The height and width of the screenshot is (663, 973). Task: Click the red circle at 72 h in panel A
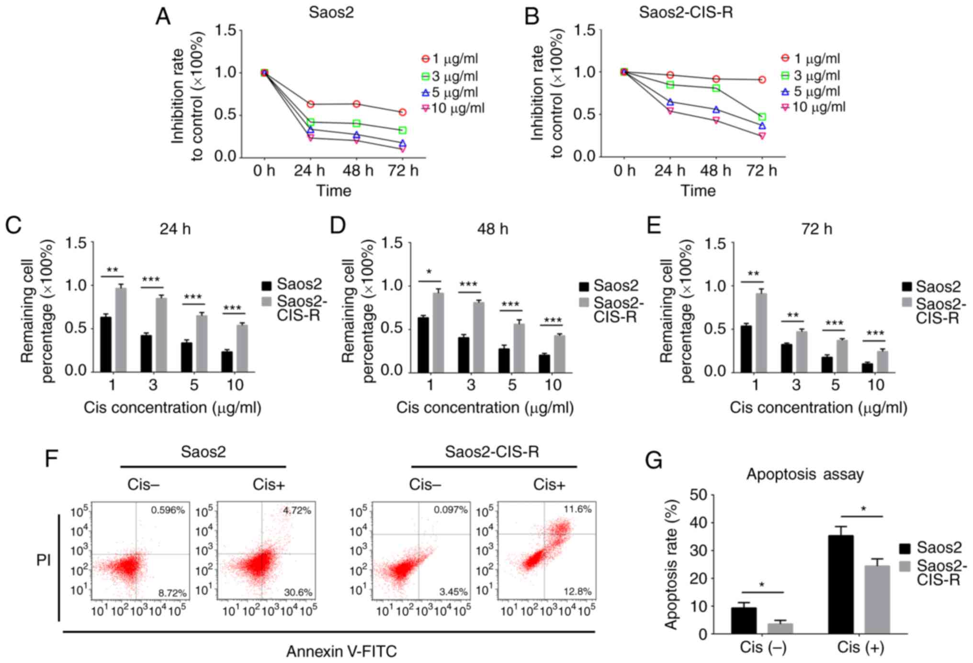coord(403,112)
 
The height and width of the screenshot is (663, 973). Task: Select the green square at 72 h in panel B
coord(762,117)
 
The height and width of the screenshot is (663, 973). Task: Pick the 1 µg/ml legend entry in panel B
coord(811,58)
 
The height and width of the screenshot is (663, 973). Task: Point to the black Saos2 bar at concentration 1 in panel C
coord(106,344)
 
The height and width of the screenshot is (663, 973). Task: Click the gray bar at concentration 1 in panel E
coord(761,332)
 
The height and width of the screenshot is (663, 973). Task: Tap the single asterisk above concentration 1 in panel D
coord(430,272)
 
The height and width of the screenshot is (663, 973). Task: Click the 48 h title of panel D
coord(492,229)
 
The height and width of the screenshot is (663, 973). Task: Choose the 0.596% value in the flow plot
coord(168,510)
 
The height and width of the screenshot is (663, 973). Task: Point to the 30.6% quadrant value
coord(298,593)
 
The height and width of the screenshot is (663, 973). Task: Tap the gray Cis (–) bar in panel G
coord(780,628)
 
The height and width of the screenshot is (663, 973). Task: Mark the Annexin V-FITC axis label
coord(341,652)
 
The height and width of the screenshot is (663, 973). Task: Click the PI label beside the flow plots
coord(44,560)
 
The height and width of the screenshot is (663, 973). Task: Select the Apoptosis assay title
coord(805,474)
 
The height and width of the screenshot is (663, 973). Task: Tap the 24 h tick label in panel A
coord(309,170)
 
